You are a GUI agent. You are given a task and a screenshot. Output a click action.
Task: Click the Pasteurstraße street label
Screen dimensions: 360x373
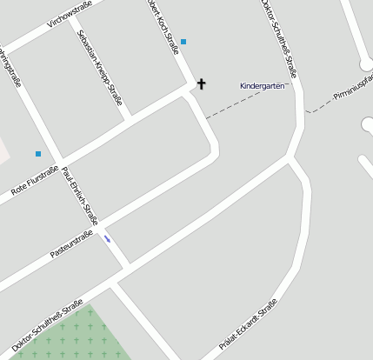(71, 244)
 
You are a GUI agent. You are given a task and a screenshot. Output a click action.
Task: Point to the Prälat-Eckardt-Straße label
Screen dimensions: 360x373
(248, 323)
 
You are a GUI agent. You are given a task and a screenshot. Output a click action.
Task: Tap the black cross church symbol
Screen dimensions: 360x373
(202, 83)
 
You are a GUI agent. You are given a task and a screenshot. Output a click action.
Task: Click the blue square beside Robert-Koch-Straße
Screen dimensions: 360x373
(183, 42)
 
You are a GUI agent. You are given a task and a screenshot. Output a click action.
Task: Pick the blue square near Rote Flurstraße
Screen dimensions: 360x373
(38, 154)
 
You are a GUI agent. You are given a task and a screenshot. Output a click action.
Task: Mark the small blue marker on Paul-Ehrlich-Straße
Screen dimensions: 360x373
(108, 237)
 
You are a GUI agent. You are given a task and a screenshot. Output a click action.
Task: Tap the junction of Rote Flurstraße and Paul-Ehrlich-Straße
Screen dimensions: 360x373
(61, 163)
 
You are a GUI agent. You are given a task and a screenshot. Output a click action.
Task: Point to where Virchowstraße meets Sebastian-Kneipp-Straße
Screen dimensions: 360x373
(77, 27)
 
